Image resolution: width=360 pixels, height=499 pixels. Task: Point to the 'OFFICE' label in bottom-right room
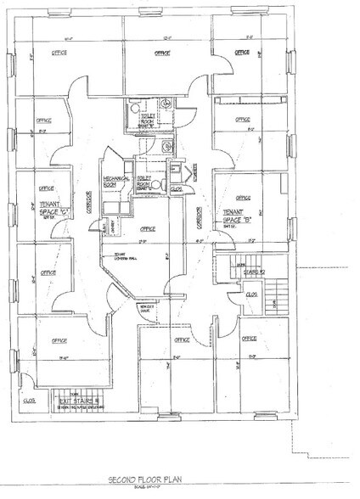pyautogui.click(x=249, y=339)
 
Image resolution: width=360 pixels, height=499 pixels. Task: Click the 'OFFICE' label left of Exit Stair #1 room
pyautogui.click(x=59, y=340)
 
